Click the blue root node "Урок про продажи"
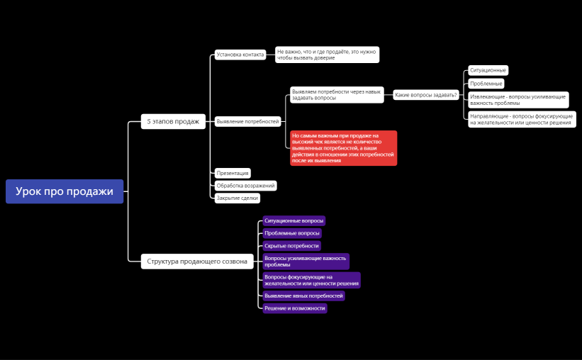65,191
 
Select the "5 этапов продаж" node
173,121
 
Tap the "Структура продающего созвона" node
197,261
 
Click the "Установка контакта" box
240,55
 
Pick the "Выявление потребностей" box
247,121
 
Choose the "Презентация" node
233,173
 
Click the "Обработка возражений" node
246,186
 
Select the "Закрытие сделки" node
237,198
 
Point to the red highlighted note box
344,148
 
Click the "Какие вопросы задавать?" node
426,95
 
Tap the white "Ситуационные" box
488,70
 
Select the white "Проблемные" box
486,84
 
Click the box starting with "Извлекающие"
518,100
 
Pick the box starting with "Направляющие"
522,119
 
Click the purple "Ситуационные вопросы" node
294,221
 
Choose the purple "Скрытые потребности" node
292,246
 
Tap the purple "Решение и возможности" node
295,308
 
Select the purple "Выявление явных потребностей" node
303,296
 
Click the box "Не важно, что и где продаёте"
327,55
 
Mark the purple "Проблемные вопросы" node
292,233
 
